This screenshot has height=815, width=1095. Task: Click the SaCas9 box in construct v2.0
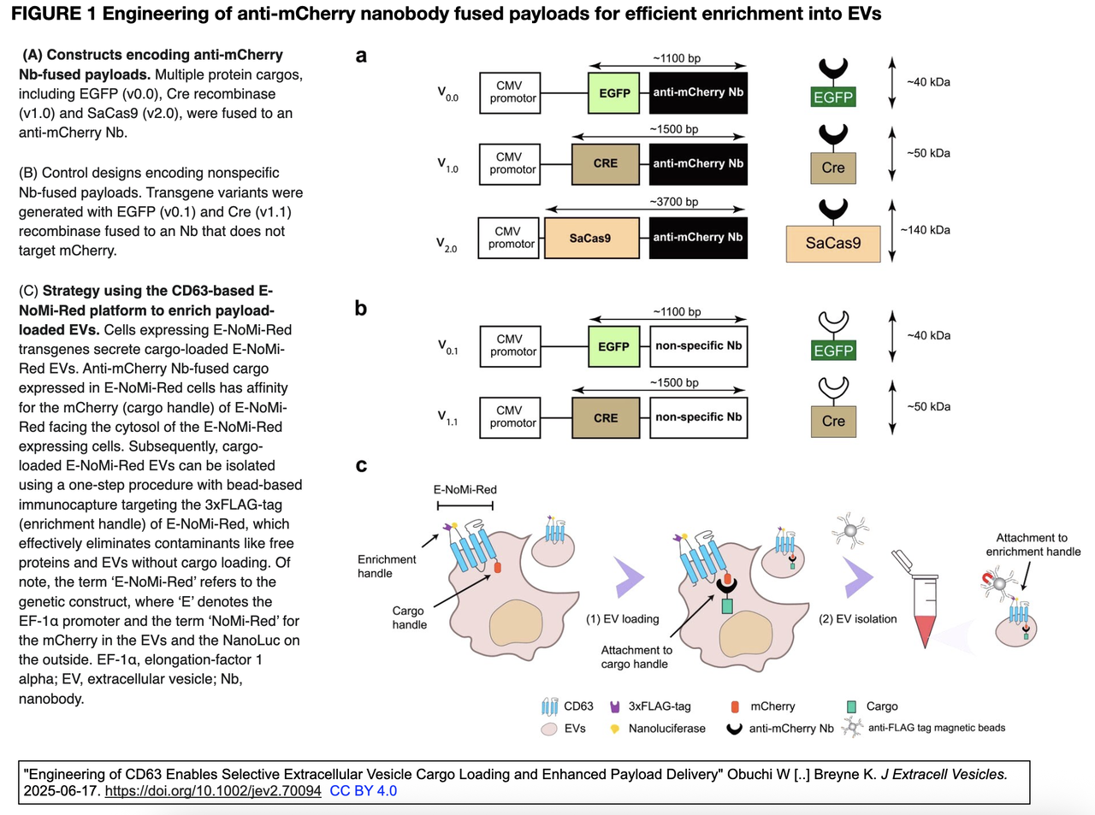(591, 238)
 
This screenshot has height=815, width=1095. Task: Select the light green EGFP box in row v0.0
(613, 93)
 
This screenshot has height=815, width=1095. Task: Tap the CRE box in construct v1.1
(606, 417)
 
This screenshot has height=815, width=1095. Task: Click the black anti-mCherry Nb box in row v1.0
(698, 164)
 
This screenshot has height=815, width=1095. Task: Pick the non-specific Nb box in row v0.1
(699, 346)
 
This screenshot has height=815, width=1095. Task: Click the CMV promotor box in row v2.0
(508, 238)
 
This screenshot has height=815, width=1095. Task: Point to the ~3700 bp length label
(674, 202)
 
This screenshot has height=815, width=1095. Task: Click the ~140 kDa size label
(925, 230)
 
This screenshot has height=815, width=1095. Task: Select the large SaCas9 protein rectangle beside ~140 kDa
(833, 244)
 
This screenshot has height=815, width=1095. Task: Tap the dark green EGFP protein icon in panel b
(833, 351)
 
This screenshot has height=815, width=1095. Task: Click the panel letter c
(361, 465)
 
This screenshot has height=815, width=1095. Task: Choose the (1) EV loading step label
(622, 619)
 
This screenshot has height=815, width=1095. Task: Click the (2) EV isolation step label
(857, 619)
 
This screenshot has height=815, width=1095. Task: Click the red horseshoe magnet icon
(988, 578)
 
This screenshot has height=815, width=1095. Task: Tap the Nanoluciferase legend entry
(658, 729)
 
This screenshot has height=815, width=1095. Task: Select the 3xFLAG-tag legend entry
(651, 706)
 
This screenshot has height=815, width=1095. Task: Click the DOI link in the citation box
(213, 791)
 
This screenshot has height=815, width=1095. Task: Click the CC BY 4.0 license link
(363, 791)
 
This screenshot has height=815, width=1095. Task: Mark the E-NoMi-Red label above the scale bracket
(465, 490)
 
